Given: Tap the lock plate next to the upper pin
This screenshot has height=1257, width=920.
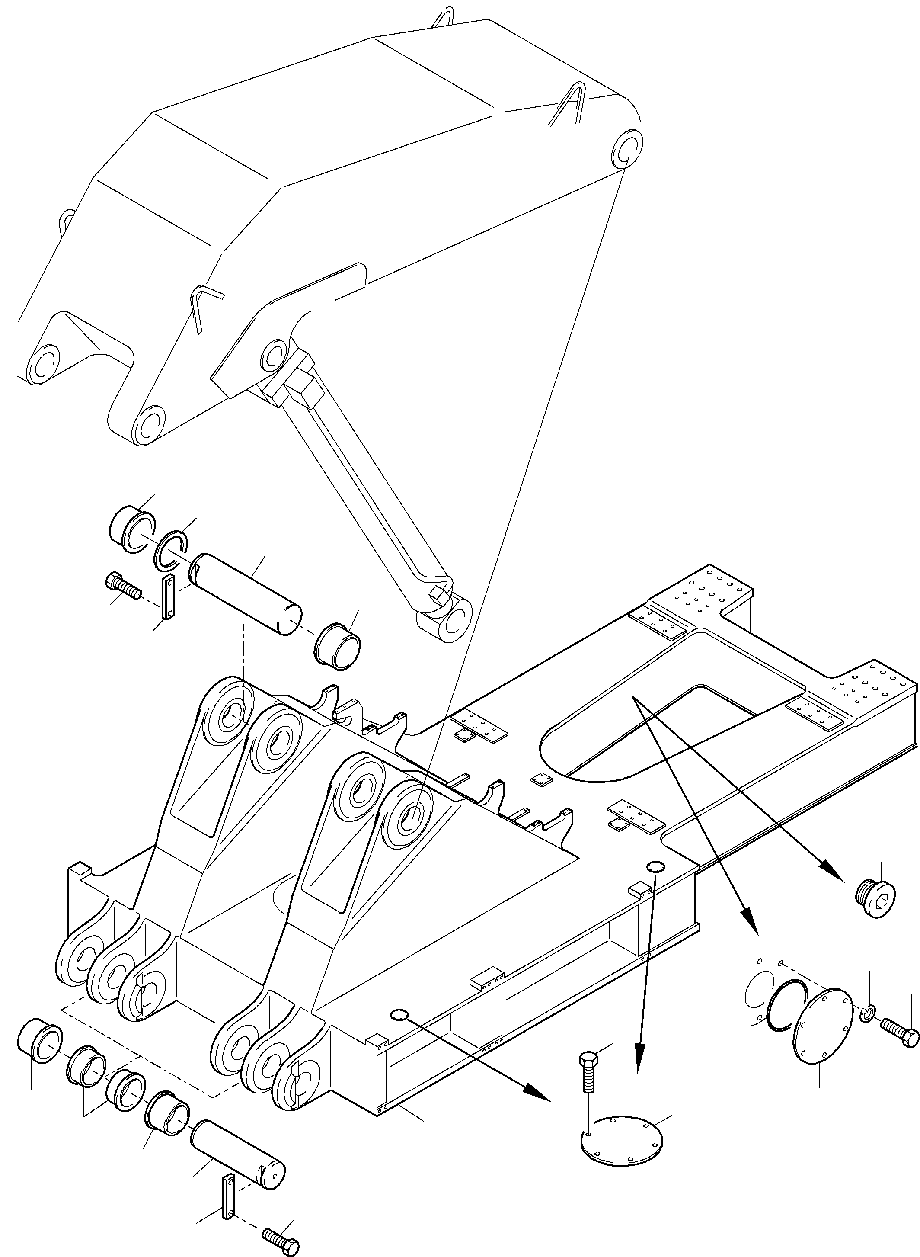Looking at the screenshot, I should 169,598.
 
